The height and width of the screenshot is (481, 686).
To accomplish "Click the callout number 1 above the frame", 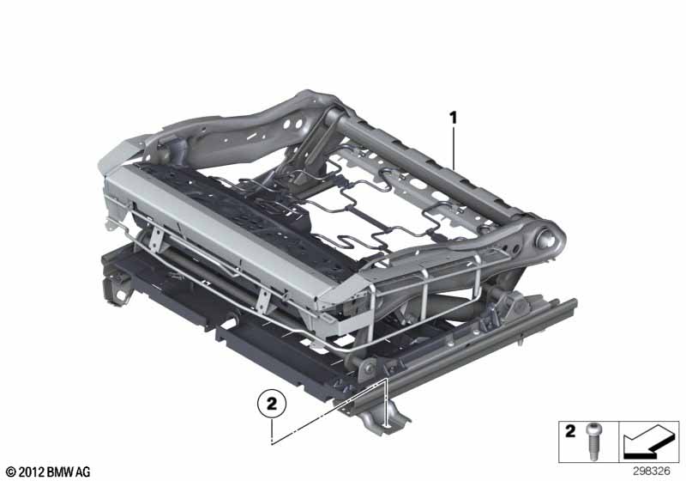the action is point(454,119).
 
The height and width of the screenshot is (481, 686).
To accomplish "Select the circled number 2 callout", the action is point(272,404).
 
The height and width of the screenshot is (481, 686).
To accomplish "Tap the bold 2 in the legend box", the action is point(570,431).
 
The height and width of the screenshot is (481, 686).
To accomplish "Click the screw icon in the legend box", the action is point(593,441).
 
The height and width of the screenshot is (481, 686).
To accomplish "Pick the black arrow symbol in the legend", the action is point(648,441).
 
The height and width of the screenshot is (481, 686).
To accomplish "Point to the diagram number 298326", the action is point(652,472).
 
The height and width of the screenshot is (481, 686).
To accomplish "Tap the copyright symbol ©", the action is point(11,472).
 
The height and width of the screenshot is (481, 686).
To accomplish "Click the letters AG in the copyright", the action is point(82,472).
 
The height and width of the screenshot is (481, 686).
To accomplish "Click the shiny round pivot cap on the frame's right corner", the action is point(547,239).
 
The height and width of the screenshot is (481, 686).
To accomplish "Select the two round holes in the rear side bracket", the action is point(292,124).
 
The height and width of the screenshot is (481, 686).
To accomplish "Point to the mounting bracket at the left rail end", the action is point(117,289).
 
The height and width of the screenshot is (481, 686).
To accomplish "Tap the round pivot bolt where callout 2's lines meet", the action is point(369,367).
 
